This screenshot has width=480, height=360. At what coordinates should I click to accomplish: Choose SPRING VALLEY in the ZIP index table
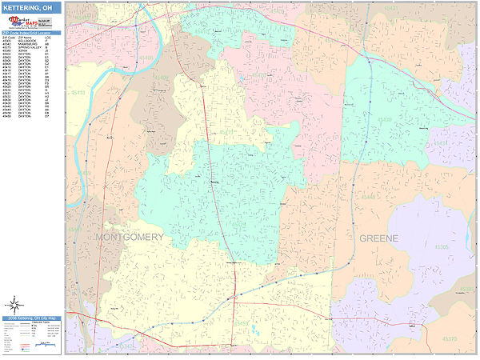tap(28, 47)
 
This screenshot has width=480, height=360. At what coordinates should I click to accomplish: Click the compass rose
tap(15, 304)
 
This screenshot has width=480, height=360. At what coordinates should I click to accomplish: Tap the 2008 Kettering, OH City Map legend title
tap(32, 318)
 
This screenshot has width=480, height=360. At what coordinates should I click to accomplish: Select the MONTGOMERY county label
tap(130, 238)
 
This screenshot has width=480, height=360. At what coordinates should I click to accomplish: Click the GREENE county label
tap(378, 238)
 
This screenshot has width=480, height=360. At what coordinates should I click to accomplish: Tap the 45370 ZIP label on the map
tap(449, 338)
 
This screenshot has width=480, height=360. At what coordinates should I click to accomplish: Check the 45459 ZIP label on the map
tap(240, 323)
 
